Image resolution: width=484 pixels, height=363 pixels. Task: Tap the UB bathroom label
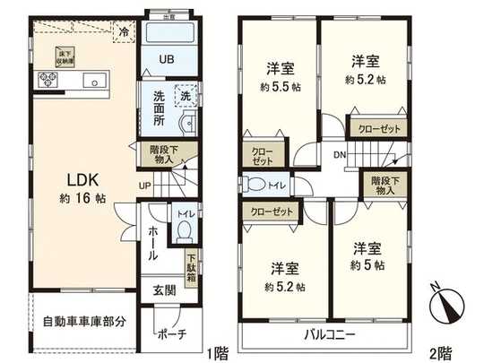pyautogui.click(x=168, y=60)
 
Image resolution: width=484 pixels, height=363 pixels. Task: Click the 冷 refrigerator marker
pyautogui.click(x=125, y=30)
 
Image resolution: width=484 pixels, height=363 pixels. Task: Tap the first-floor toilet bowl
pyautogui.click(x=184, y=230)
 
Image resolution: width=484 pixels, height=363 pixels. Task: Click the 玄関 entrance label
pyautogui.click(x=164, y=289)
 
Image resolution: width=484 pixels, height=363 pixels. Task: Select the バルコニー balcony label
pyautogui.click(x=326, y=334)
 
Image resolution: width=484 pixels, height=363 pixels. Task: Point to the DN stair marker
pyautogui.click(x=340, y=154)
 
